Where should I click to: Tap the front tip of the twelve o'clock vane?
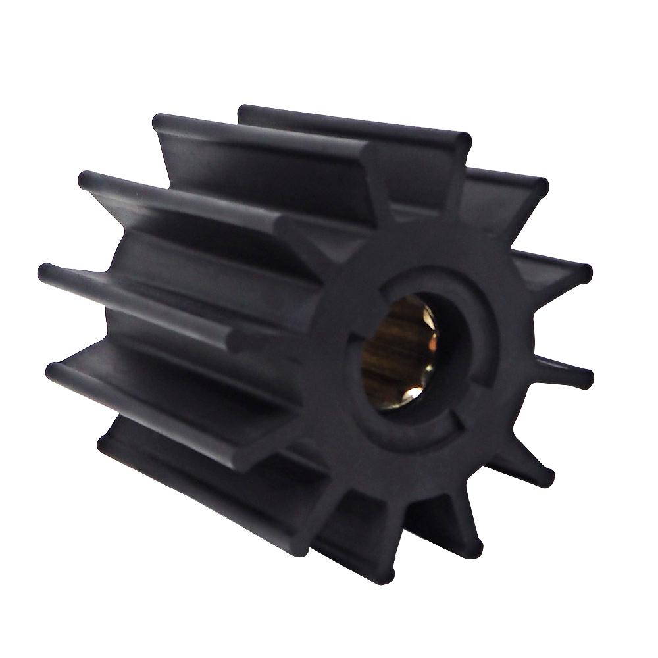click(x=463, y=141)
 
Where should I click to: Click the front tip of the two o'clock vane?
click(x=585, y=271)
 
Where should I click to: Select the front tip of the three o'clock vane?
click(x=586, y=379)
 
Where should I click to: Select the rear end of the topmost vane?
click(x=243, y=109)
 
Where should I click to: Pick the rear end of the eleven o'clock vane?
click(x=159, y=121)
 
